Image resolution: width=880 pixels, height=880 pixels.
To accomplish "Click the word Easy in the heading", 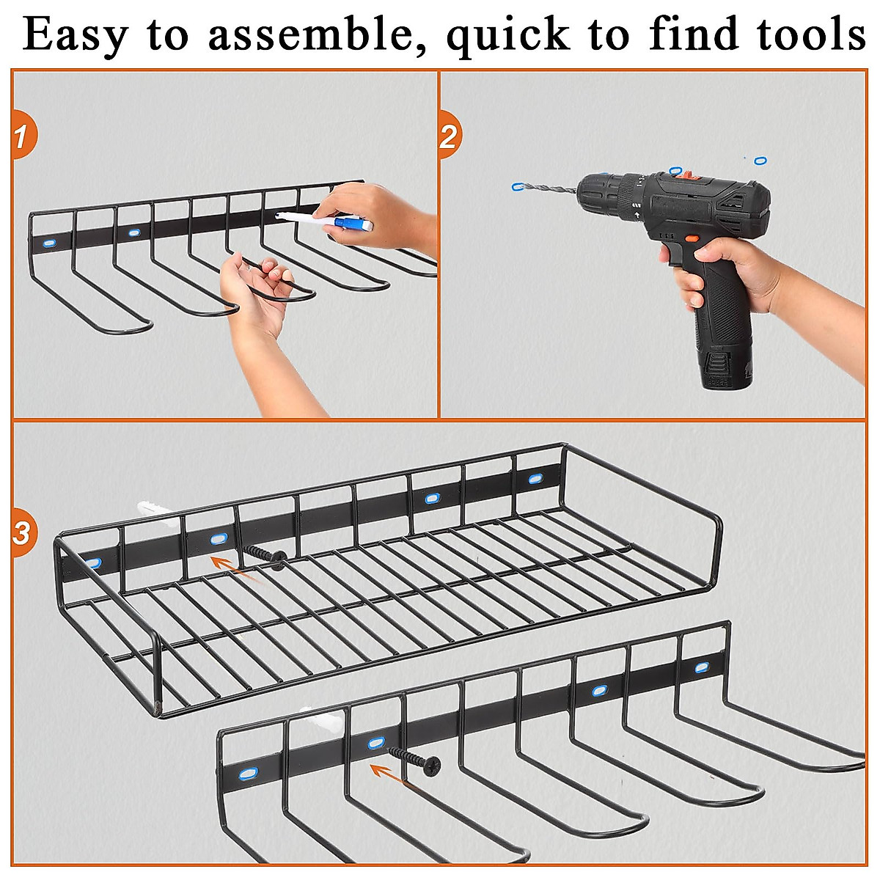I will coord(74,34).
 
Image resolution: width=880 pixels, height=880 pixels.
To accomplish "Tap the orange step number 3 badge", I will coord(22,532).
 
